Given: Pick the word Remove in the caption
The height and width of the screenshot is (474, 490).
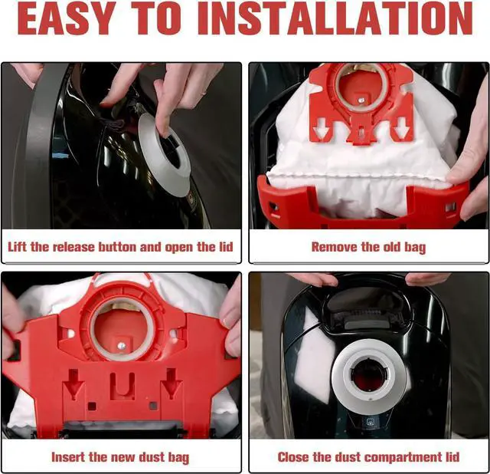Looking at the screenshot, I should (x=335, y=247).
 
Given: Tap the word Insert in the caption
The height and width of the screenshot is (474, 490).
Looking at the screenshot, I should (x=70, y=457).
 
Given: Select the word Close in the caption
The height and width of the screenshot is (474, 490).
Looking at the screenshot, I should (x=295, y=457).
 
